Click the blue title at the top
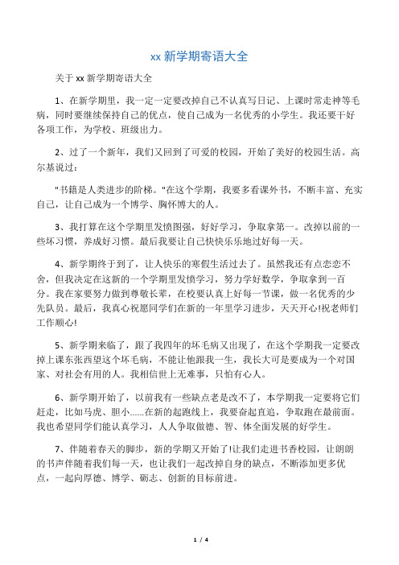[x=199, y=57]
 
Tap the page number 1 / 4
[x=199, y=538]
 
